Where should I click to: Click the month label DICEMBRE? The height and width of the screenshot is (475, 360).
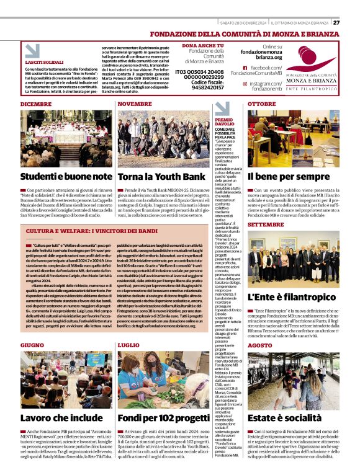pos(36,104)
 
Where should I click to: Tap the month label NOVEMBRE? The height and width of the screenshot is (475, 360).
pos(135,104)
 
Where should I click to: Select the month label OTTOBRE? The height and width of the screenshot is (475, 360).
pos(262,104)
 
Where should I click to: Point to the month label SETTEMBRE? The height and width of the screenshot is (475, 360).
pos(266,224)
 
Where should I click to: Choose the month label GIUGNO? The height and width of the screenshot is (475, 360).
pos(32,344)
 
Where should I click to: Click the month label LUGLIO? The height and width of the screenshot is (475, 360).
pos(128,344)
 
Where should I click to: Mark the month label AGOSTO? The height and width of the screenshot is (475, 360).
pos(260,345)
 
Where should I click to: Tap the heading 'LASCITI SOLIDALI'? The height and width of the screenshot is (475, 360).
pos(44,63)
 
